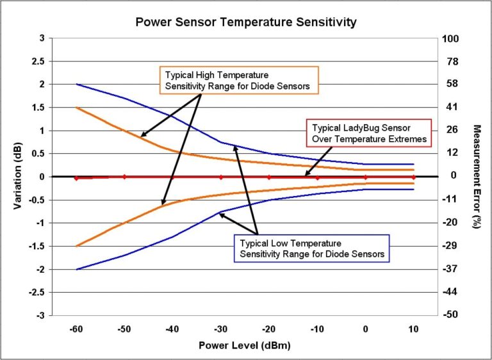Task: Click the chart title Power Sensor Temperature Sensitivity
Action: [245, 22]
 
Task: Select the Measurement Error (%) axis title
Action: [476, 176]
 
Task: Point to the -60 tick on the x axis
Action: [76, 329]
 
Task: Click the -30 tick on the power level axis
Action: [220, 329]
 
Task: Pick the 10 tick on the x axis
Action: [414, 329]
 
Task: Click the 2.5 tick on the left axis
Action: [39, 61]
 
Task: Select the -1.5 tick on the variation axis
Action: [38, 247]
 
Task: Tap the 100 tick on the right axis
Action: [451, 38]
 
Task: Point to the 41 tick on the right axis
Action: [450, 108]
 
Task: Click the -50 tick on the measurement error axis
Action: [450, 316]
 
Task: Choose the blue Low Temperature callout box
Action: [311, 249]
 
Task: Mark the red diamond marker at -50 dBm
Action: [124, 177]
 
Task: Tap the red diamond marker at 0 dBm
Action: [366, 177]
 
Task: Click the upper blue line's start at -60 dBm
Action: [76, 85]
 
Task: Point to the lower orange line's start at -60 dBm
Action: [76, 246]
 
